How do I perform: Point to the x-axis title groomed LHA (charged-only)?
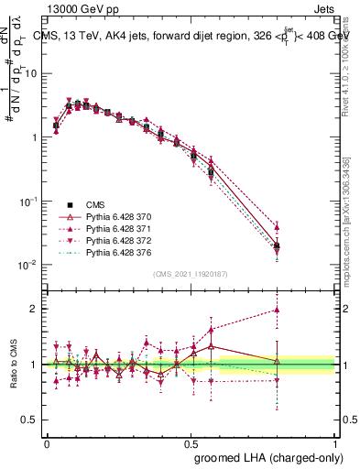[265, 456]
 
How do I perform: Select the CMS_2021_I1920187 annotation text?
[191, 274]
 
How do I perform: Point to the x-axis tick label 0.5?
[191, 441]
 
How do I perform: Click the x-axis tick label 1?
[334, 441]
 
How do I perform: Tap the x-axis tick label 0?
[47, 441]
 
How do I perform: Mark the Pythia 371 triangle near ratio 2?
[277, 311]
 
